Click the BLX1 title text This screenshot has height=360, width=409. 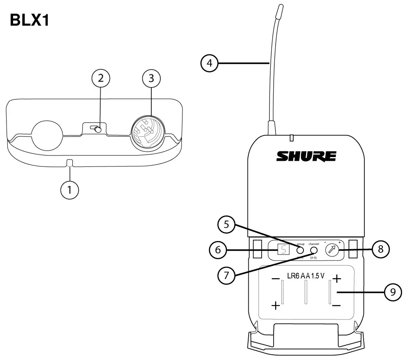29,20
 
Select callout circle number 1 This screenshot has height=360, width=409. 70,189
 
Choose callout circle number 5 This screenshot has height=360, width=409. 227,225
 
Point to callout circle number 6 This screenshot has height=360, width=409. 218,250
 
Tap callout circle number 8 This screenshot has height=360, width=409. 381,249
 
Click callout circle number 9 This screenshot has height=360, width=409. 393,293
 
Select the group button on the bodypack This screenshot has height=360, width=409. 300,250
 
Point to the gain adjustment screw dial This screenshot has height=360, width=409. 332,250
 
